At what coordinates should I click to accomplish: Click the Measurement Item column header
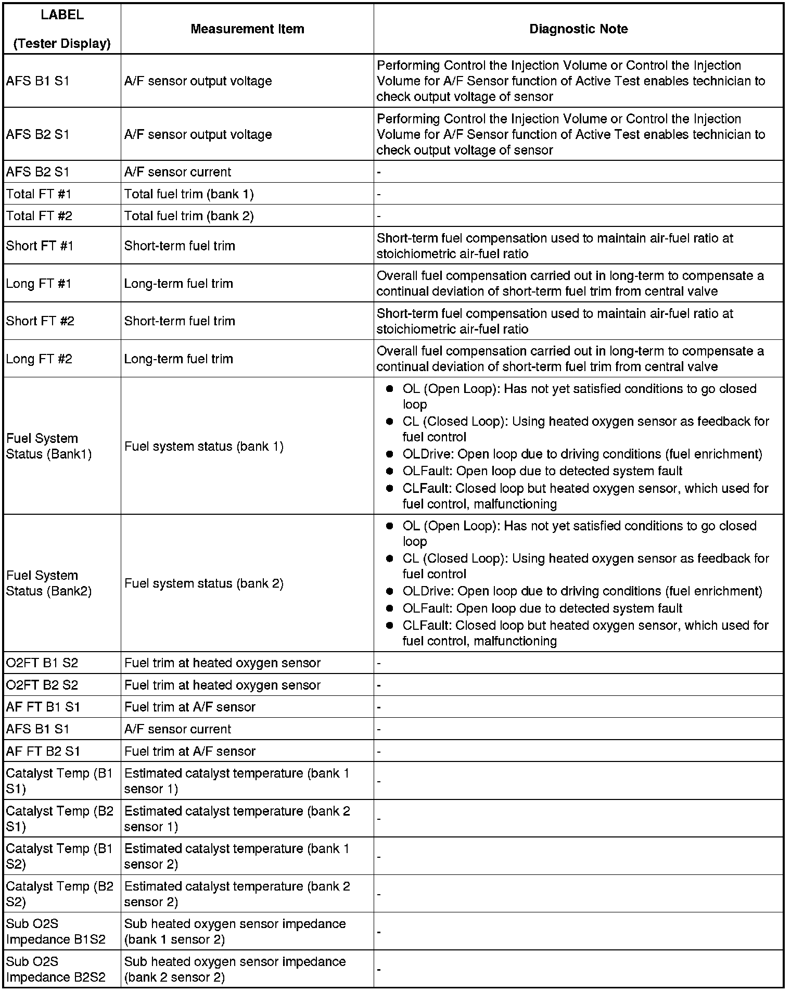[x=247, y=29]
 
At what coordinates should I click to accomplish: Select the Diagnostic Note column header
[x=578, y=29]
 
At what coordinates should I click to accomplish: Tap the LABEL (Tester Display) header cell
[x=62, y=29]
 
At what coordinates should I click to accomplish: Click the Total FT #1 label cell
[x=39, y=194]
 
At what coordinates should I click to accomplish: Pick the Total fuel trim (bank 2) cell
[x=189, y=216]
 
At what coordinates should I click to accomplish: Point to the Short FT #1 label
[x=40, y=246]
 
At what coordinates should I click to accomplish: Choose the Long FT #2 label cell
[x=39, y=359]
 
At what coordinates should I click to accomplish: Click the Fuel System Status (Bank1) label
[x=49, y=446]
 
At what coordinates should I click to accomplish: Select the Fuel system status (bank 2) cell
[x=204, y=583]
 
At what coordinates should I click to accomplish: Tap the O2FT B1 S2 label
[x=42, y=663]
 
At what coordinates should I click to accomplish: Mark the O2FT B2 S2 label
[x=42, y=685]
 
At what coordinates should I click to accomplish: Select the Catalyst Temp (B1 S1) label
[x=59, y=781]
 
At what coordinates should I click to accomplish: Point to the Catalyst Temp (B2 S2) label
[x=59, y=894]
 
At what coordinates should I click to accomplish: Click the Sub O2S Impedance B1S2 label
[x=56, y=931]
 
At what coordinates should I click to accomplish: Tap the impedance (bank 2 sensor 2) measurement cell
[x=235, y=969]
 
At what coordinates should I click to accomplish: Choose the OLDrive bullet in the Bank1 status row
[x=582, y=454]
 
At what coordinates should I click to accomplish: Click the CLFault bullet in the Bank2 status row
[x=585, y=633]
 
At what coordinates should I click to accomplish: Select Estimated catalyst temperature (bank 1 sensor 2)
[x=237, y=856]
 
